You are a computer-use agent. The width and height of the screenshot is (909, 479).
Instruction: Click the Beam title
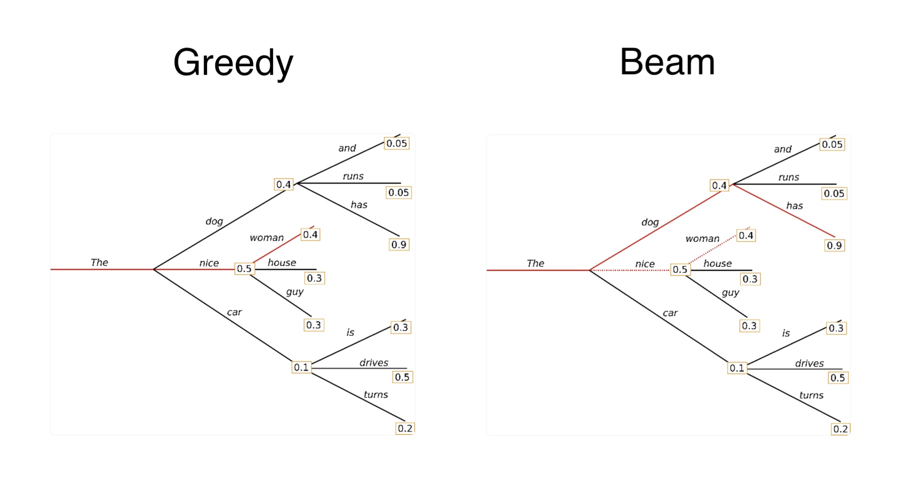(x=667, y=62)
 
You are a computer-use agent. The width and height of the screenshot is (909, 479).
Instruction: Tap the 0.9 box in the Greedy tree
(x=399, y=245)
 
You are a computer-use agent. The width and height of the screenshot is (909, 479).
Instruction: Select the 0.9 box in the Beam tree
(x=834, y=246)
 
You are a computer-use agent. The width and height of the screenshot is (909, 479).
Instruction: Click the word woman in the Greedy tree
(x=266, y=238)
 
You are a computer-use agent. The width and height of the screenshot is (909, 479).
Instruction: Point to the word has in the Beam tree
(x=794, y=206)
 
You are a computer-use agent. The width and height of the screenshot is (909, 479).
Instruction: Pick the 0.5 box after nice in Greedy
(x=244, y=269)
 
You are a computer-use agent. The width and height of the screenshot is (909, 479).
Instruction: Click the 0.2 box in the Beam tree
(x=841, y=429)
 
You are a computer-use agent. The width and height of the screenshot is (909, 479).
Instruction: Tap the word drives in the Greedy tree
(x=374, y=363)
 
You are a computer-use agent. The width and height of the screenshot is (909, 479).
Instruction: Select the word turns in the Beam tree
(x=811, y=396)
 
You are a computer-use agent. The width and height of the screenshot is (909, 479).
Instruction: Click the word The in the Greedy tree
(x=100, y=262)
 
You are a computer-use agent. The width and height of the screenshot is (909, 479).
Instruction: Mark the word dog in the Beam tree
(x=650, y=222)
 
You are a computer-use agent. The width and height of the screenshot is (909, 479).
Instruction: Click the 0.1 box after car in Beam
(x=737, y=368)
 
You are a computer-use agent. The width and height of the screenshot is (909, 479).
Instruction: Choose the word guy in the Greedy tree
(x=295, y=292)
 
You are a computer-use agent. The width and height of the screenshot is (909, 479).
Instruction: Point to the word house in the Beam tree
(x=717, y=263)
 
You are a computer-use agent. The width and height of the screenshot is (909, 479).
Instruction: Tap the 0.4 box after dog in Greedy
(x=283, y=184)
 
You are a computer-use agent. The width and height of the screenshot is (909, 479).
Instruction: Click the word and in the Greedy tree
(x=347, y=148)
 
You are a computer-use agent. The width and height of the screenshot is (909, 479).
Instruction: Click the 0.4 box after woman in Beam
(x=745, y=236)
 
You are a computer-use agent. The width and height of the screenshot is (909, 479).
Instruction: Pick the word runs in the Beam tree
(x=788, y=177)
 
